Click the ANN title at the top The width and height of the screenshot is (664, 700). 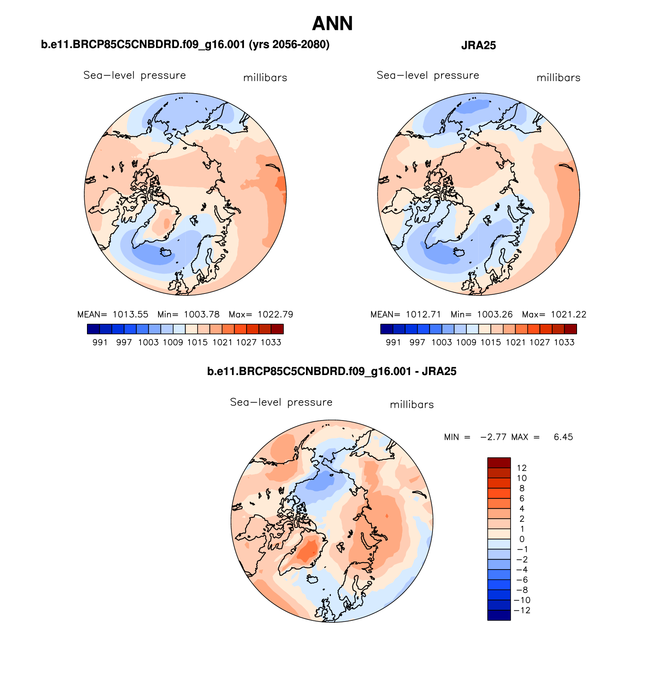[x=332, y=24]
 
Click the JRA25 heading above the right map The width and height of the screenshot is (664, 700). [x=478, y=46]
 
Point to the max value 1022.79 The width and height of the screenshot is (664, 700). [x=275, y=314]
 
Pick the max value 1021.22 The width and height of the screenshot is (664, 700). [x=568, y=314]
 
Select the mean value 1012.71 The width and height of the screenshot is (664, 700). [x=424, y=314]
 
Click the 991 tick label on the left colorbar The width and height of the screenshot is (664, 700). [x=100, y=342]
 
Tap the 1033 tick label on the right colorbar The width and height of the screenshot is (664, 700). [x=564, y=342]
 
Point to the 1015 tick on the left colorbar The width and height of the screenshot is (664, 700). [x=197, y=342]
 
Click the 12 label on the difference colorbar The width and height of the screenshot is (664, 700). [x=521, y=468]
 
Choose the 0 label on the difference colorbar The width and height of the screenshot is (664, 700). [x=521, y=539]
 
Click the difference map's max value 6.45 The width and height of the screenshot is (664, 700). [x=563, y=437]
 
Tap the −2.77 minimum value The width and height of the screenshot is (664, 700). [x=493, y=437]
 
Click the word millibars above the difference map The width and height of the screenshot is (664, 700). [x=412, y=405]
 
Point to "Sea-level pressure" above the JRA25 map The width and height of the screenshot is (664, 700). [x=428, y=75]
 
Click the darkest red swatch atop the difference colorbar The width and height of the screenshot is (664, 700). [x=499, y=463]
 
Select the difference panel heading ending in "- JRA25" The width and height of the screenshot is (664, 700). [x=332, y=372]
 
